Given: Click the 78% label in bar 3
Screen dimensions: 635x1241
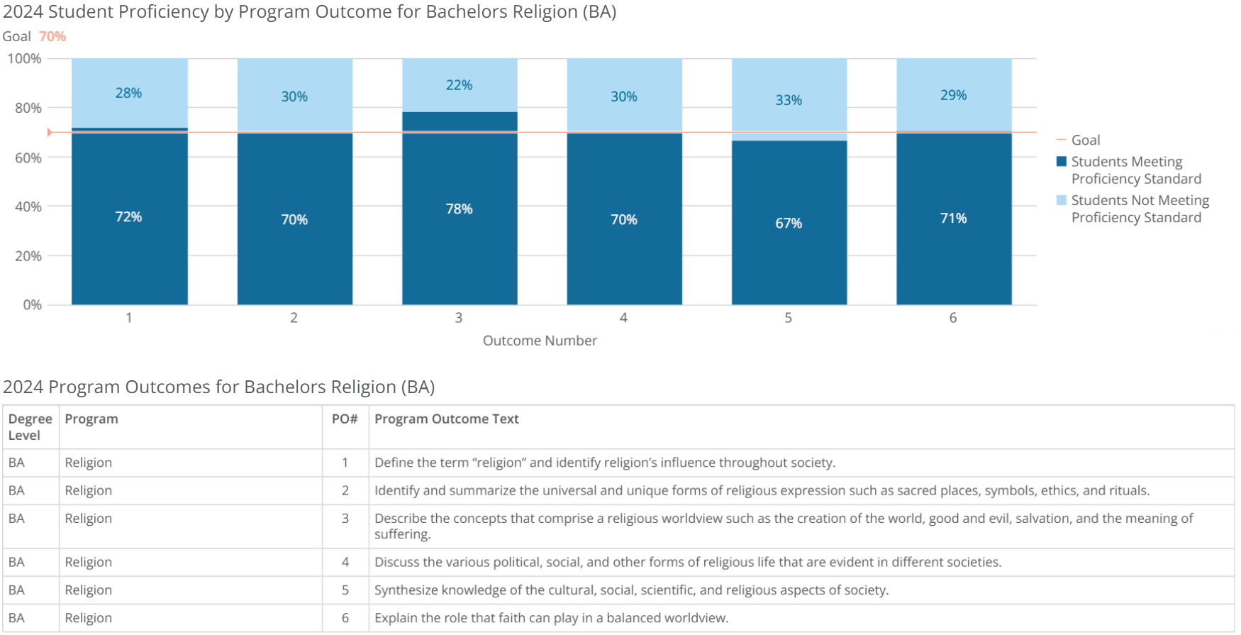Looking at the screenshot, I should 459,209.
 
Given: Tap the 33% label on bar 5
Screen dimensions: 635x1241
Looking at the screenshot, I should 789,100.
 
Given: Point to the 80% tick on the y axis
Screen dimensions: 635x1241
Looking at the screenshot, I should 28,108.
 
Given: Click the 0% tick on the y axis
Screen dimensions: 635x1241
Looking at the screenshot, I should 32,305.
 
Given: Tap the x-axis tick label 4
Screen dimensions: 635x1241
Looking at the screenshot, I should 623,318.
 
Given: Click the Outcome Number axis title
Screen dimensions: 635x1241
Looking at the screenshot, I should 540,341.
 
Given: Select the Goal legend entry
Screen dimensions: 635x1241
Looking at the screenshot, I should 1085,140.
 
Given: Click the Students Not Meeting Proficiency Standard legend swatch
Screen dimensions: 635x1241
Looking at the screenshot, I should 1062,201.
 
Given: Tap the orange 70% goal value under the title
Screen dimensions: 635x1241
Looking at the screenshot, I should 52,36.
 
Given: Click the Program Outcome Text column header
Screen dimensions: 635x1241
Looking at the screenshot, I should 447,419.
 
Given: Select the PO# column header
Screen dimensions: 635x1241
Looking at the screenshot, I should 345,419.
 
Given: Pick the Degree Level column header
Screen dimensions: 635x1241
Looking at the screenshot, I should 30,427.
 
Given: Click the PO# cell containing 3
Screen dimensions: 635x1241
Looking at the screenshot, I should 345,519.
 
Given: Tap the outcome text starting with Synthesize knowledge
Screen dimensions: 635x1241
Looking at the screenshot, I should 631,590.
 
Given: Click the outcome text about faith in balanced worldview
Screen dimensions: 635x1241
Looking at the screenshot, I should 551,618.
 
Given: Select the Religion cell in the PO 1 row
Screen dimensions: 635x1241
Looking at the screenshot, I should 89,463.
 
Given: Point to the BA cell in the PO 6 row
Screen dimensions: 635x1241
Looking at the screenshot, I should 16,618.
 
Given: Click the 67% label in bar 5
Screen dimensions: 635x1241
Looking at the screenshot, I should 789,223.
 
